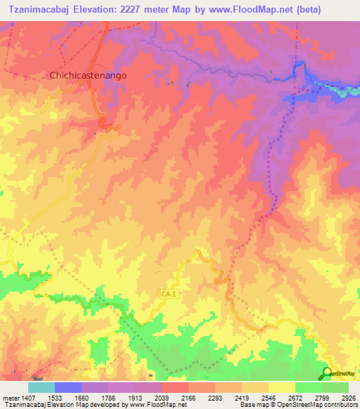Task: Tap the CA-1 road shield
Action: click(x=166, y=294)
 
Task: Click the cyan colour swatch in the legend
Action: click(x=41, y=387)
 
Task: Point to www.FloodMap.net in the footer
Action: click(x=150, y=405)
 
